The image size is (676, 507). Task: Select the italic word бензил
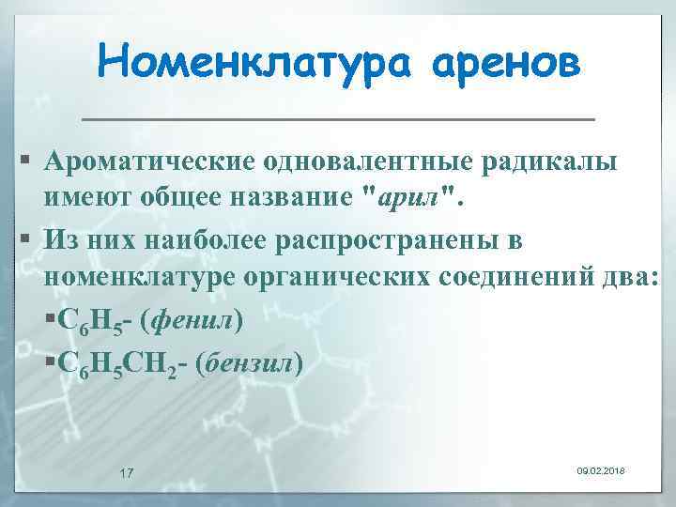click(x=249, y=361)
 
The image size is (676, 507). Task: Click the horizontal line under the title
click(x=338, y=120)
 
